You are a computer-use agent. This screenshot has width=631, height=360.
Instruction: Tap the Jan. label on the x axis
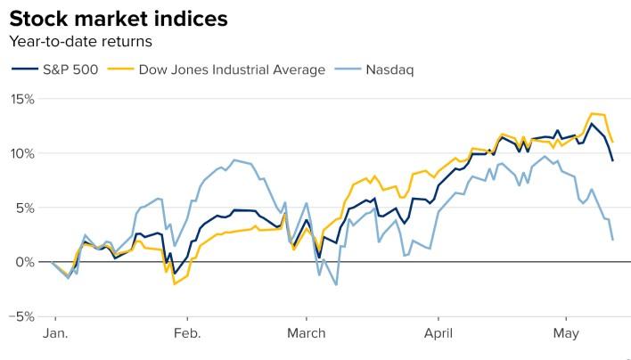coord(55,335)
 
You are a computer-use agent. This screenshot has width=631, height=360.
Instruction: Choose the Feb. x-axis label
coord(187,335)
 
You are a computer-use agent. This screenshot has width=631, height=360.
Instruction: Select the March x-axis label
coord(307,335)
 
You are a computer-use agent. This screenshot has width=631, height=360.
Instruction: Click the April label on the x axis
coord(438,335)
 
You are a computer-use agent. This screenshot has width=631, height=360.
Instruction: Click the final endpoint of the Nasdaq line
coord(612,240)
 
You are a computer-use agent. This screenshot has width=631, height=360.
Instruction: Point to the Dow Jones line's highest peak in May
coord(593,114)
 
